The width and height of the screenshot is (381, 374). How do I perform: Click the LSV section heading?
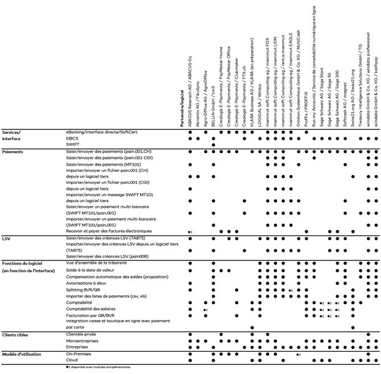(x=6, y=238)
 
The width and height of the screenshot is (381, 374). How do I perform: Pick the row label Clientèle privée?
(x=82, y=335)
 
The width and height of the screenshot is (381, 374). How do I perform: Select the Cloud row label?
(x=72, y=360)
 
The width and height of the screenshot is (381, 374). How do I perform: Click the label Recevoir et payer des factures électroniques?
(x=109, y=232)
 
